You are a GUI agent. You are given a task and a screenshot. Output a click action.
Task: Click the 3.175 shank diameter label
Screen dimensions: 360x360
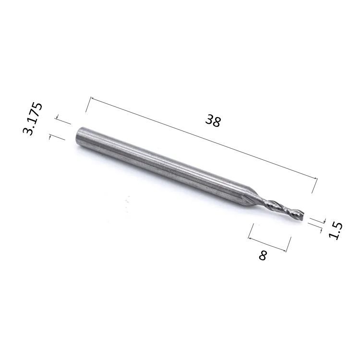(32, 119)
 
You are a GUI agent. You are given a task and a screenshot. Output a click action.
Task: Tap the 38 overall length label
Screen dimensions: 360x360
(213, 120)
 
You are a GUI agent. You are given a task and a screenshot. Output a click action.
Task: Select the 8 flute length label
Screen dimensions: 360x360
(263, 255)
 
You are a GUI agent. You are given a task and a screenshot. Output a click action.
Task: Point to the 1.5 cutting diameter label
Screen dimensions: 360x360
(336, 231)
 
